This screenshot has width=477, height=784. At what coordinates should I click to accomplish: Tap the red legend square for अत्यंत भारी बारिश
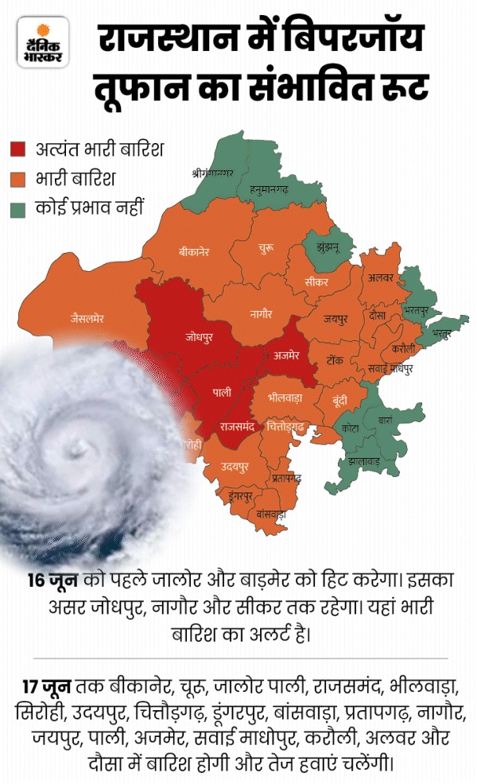coord(17,148)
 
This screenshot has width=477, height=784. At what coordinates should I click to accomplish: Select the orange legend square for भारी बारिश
coord(17,179)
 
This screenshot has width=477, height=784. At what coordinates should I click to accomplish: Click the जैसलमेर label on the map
coord(87,319)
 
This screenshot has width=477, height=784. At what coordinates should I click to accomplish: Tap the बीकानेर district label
coord(193,252)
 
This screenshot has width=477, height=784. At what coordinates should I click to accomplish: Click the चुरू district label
coord(267,250)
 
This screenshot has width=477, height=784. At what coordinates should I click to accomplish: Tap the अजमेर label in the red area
coord(285,355)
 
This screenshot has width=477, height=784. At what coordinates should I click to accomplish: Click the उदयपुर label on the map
coord(235,464)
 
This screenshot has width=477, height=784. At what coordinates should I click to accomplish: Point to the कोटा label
coord(350,428)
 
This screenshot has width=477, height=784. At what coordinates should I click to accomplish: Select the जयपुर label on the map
coord(335,320)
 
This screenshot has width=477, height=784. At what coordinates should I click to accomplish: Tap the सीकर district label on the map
coord(316,281)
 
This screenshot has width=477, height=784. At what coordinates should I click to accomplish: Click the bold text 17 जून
coord(48,685)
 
